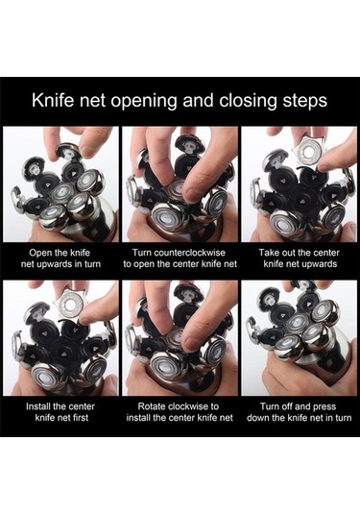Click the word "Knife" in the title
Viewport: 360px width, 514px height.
[x=53, y=100]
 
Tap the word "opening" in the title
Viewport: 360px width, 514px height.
[x=144, y=102]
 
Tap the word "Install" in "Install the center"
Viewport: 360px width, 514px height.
[x=38, y=406]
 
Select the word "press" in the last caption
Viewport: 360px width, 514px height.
[x=324, y=407]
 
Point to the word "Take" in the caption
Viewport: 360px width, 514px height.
[x=269, y=253]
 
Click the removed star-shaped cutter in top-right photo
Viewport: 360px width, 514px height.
[x=308, y=152]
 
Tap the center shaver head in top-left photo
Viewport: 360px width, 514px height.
[x=62, y=191]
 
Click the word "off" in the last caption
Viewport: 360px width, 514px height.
[x=287, y=406]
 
